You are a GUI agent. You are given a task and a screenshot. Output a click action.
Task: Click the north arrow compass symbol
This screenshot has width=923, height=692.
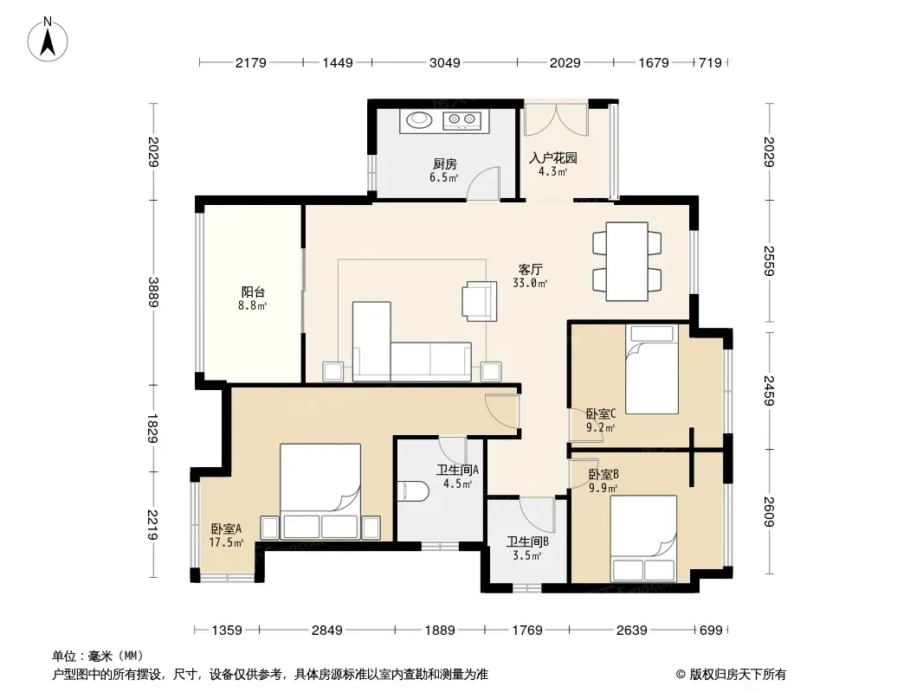click(48, 40)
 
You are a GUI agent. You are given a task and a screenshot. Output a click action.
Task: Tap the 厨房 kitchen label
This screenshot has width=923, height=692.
click(444, 164)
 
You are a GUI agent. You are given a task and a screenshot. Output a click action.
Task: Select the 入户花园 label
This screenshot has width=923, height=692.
click(552, 157)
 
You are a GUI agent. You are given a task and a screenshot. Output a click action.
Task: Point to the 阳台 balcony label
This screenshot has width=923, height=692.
click(253, 292)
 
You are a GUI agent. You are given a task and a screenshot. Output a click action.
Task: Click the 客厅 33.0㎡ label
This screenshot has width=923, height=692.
click(531, 276)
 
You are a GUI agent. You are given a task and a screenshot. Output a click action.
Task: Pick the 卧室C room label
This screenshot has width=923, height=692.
click(601, 414)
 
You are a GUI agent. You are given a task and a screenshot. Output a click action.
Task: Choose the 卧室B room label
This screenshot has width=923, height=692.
click(603, 474)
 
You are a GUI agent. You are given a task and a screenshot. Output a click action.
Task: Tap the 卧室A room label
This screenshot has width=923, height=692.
click(226, 529)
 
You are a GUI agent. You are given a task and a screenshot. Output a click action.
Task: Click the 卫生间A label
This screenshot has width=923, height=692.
click(457, 470)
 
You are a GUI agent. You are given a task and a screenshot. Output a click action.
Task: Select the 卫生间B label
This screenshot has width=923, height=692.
click(527, 541)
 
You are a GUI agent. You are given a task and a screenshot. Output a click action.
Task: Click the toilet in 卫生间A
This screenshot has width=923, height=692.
click(413, 491)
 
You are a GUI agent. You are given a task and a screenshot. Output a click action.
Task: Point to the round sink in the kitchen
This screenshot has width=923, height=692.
click(419, 119)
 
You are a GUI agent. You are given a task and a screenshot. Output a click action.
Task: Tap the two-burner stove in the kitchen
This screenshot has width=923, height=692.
click(462, 120)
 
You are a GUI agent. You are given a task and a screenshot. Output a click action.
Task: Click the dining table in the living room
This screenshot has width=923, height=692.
click(627, 261)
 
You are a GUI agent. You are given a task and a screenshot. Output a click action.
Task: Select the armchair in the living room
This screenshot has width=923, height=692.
click(480, 301)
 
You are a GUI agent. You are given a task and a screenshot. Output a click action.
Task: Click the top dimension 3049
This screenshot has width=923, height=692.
click(444, 62)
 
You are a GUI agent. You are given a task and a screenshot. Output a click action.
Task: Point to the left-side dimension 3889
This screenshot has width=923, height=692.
click(153, 292)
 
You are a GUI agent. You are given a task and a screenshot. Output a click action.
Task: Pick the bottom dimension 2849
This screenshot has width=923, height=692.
click(326, 631)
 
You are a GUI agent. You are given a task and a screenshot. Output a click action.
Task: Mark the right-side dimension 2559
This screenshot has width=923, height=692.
click(769, 261)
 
